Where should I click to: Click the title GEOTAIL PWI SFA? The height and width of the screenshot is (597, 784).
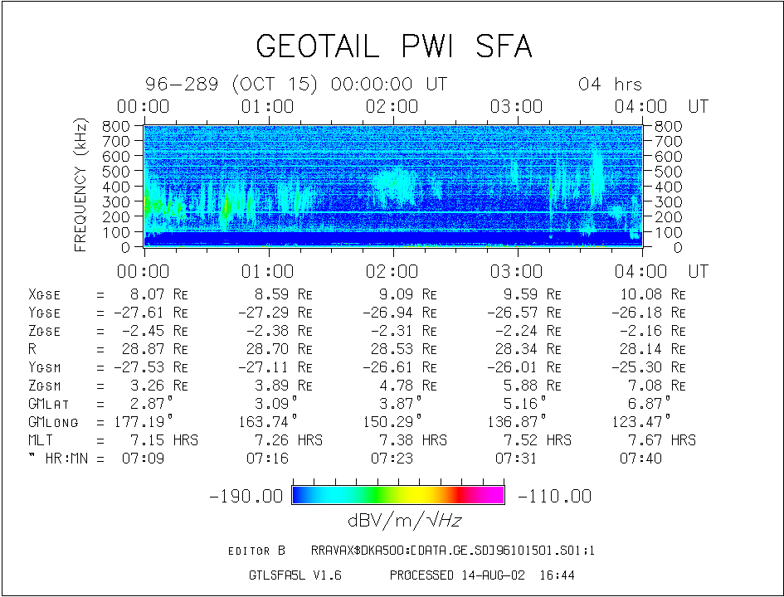(394, 46)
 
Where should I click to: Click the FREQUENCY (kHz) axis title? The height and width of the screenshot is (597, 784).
(80, 186)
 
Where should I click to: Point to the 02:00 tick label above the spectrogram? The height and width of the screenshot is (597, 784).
(392, 106)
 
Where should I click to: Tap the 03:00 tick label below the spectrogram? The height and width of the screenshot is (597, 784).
(517, 271)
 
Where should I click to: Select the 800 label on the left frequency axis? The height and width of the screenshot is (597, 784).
(116, 126)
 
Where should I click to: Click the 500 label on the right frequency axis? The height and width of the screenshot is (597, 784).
(669, 172)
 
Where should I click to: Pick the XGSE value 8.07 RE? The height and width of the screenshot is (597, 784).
(155, 294)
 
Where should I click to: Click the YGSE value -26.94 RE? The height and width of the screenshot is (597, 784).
(400, 313)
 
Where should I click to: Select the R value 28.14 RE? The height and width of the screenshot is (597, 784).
(653, 349)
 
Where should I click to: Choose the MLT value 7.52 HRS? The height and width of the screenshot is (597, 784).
(537, 440)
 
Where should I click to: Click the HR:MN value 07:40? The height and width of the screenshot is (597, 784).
(641, 459)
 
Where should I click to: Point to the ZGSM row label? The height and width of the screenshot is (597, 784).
(45, 386)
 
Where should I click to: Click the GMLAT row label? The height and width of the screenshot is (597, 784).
(48, 404)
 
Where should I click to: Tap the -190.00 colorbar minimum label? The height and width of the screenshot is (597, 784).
(246, 496)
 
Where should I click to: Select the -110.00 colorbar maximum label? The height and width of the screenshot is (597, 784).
(554, 496)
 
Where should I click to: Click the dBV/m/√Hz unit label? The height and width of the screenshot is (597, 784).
(405, 521)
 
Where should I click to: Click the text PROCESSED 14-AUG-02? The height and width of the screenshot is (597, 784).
(457, 575)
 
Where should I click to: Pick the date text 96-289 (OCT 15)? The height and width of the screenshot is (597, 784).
(231, 84)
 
